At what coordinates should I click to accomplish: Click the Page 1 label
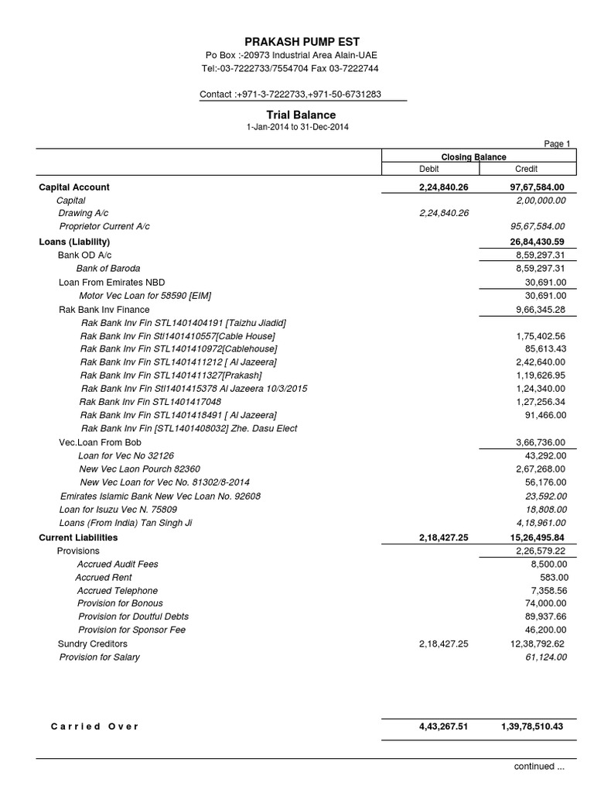(558, 143)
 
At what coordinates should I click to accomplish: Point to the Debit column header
(428, 169)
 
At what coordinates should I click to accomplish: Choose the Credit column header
(526, 169)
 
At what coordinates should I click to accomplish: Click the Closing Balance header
(473, 156)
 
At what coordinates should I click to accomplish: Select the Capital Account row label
(74, 187)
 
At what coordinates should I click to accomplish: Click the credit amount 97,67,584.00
(538, 187)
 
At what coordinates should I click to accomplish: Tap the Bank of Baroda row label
(108, 269)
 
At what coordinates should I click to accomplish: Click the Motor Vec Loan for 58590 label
(145, 296)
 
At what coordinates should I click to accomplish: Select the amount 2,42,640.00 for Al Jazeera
(541, 362)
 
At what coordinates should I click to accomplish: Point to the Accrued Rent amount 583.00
(554, 578)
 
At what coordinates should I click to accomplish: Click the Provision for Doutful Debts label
(133, 616)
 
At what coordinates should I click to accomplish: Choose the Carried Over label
(94, 726)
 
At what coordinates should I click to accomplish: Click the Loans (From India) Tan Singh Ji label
(125, 523)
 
